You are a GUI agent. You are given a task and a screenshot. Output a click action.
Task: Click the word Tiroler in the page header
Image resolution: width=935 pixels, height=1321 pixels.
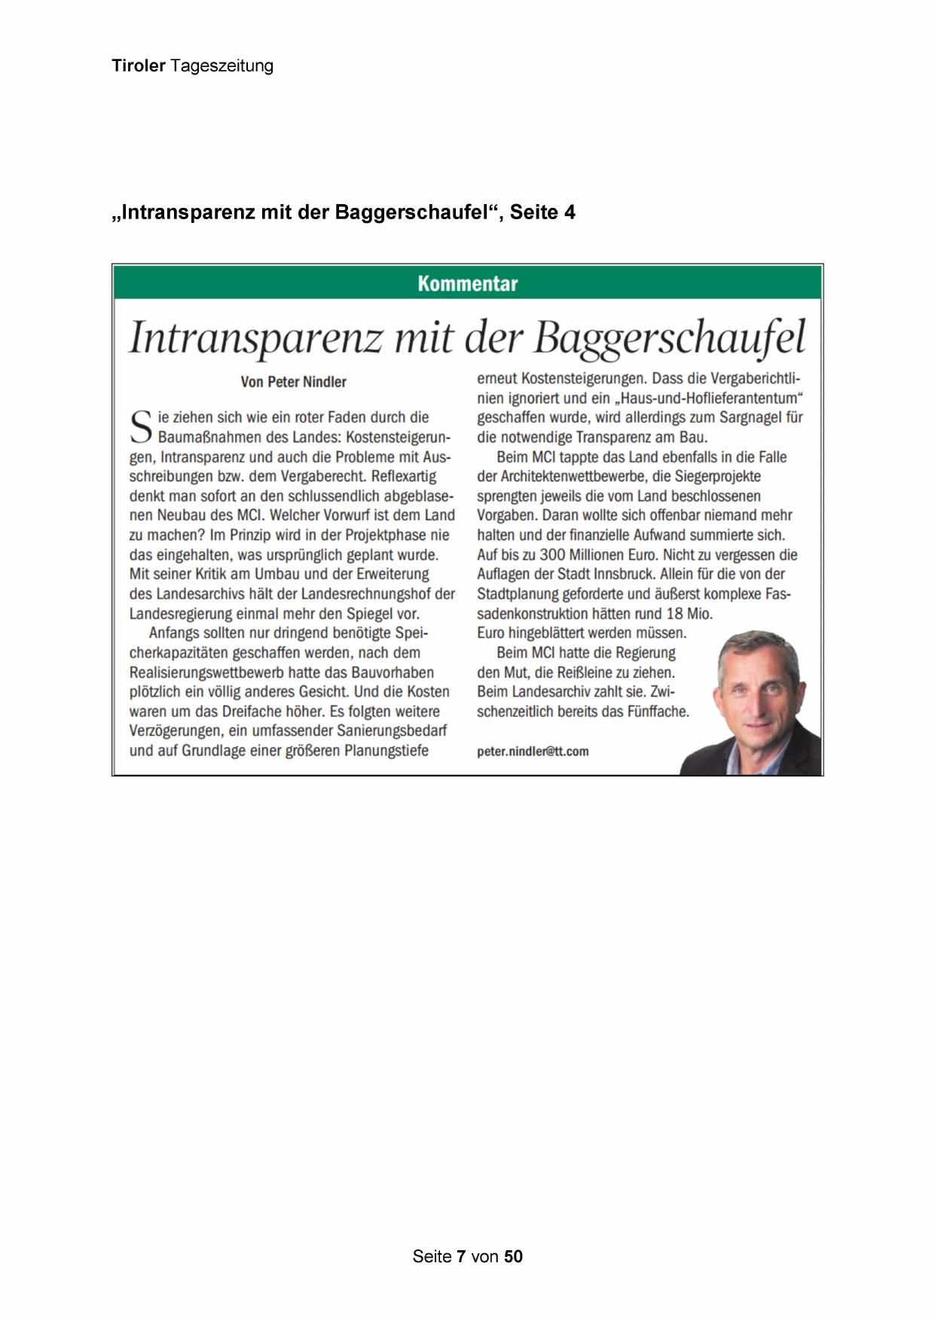click(138, 66)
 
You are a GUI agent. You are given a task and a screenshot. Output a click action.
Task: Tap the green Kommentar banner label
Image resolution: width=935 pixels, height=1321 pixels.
click(467, 284)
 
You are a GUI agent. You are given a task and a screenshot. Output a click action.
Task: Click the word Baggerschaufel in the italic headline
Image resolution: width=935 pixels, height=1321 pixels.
click(669, 338)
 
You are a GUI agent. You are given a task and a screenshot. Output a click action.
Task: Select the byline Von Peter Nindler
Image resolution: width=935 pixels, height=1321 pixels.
click(293, 382)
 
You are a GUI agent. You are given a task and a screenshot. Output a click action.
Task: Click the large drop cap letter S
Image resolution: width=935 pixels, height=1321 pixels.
click(141, 427)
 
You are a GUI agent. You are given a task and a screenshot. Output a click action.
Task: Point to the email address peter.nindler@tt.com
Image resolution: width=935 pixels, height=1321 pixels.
click(533, 751)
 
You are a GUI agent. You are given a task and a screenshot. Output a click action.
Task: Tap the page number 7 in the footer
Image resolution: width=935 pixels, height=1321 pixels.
click(461, 1256)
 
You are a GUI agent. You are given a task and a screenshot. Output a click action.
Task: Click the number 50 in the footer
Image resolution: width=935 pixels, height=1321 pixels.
click(513, 1256)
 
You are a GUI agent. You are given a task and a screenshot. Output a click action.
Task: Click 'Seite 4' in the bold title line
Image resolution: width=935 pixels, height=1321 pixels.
click(542, 213)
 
